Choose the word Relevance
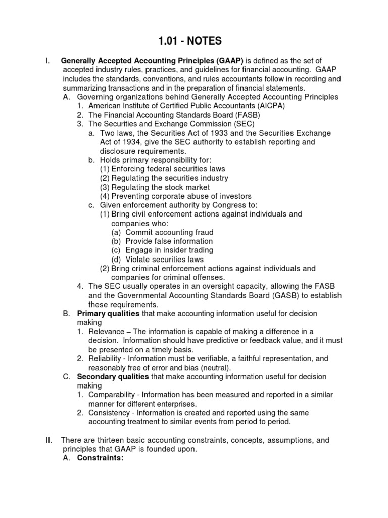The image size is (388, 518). [106, 331]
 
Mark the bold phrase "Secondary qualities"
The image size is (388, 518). [113, 377]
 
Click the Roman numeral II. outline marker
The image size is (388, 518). [48, 440]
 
